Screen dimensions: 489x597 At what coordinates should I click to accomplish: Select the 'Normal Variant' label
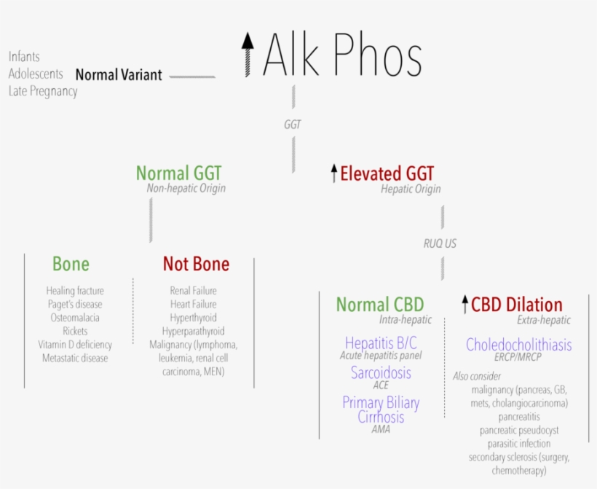coord(119,74)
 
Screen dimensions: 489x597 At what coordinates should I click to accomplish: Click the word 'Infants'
coord(24,56)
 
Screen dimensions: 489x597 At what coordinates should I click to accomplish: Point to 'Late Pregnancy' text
coord(43,91)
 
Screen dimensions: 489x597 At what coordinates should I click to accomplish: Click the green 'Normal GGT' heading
coord(178,173)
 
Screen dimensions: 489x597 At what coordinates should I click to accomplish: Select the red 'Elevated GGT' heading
coord(387,173)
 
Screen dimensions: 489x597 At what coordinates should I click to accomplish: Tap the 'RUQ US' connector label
coord(440,243)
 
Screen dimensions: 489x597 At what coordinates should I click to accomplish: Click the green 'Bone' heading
coord(71,264)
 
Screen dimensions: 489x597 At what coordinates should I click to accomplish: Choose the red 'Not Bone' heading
coord(196,264)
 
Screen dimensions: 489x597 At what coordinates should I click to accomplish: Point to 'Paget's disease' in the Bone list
coord(75,304)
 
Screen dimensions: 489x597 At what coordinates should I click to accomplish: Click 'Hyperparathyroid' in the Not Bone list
coord(193,331)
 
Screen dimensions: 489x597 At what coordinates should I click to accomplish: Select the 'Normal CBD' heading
coord(379,305)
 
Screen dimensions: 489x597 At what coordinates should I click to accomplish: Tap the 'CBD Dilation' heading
coord(516,305)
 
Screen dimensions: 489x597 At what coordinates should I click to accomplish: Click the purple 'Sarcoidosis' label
coord(381,372)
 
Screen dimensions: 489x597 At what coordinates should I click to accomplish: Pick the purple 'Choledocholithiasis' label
coord(518,345)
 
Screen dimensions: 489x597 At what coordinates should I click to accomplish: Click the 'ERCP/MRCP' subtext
coord(518,357)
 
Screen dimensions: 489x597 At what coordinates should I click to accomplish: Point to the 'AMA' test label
coord(381,430)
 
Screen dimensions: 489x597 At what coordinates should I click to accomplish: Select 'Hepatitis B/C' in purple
coord(381,343)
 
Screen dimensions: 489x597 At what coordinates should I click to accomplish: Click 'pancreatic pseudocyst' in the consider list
coord(519,430)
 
